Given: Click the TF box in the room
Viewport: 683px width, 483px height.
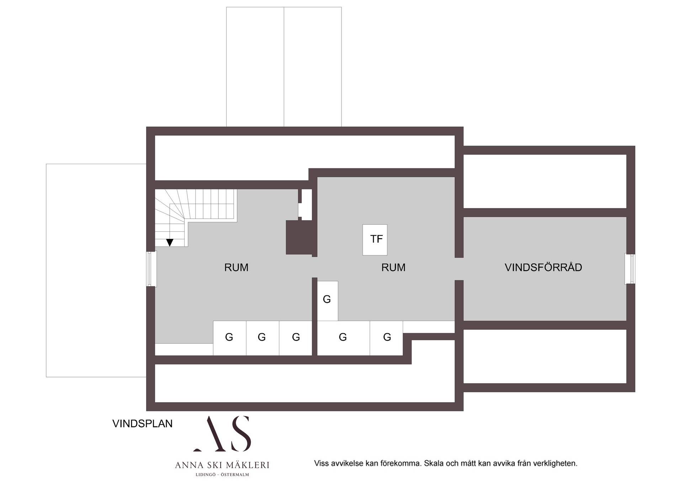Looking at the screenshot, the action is (375, 240).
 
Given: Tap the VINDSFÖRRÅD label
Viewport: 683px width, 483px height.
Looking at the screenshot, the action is (543, 267).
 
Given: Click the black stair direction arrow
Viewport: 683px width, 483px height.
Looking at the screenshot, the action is (170, 242).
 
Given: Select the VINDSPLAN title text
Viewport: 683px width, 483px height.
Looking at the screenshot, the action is (142, 424).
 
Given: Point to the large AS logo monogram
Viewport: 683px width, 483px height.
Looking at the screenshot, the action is (223, 434).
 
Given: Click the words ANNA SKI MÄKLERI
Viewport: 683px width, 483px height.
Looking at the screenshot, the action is (222, 465).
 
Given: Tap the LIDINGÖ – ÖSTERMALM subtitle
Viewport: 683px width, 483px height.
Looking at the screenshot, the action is (222, 474).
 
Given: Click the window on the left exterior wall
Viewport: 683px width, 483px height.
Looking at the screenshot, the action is (152, 269).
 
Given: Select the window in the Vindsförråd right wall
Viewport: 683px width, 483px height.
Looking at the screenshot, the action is (630, 269).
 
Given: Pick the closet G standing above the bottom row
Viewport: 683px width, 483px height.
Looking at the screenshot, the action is (327, 301).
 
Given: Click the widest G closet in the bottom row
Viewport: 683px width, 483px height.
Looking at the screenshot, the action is (343, 338).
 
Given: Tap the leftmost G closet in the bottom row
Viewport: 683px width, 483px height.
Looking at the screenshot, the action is (229, 338).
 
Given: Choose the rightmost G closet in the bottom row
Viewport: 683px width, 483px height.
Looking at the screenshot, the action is (386, 338).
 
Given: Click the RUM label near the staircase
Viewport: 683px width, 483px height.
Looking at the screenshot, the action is (236, 267).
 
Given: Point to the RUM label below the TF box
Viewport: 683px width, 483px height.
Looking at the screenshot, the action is (393, 267).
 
